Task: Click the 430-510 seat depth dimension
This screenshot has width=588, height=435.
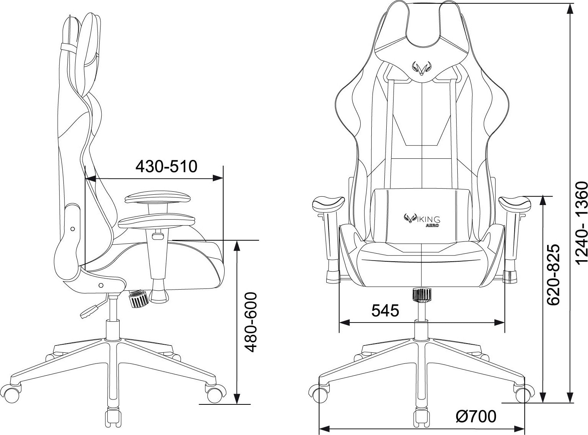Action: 167,166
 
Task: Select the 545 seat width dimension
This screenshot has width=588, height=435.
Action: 385,310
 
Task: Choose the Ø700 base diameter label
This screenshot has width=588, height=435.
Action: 476,416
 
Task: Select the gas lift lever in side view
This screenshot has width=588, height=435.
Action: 90,311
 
